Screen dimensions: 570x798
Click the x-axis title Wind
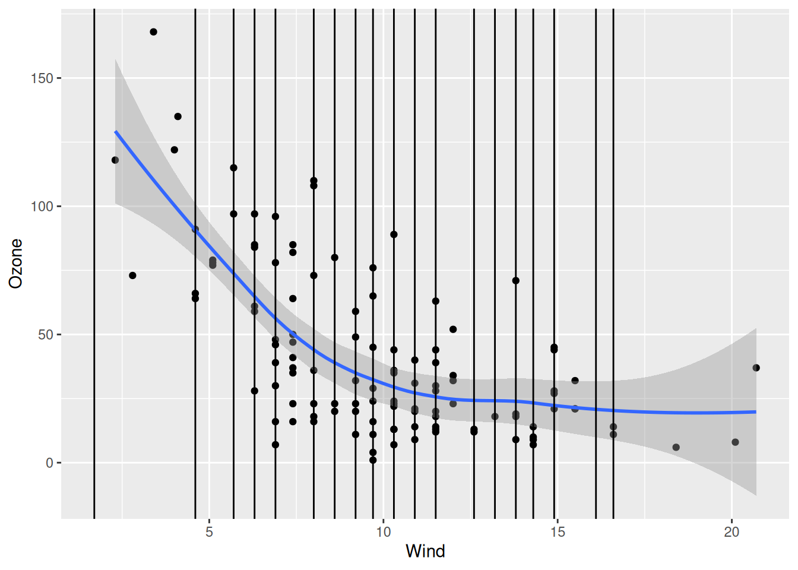point(425,551)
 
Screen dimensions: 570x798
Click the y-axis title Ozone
point(15,264)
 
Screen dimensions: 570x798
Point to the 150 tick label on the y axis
point(42,78)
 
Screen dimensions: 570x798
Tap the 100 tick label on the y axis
point(42,207)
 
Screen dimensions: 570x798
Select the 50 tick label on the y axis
point(46,335)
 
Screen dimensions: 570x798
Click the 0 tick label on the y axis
point(50,463)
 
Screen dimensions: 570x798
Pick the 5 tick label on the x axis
point(209,532)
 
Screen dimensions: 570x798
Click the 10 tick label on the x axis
point(384,532)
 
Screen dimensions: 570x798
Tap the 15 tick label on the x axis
point(558,532)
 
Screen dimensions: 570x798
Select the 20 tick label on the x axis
point(731,532)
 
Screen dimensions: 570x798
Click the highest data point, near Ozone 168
point(153,32)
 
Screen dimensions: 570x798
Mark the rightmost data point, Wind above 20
point(756,368)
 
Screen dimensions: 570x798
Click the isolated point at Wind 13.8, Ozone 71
point(516,281)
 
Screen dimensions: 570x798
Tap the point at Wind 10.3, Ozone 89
point(394,235)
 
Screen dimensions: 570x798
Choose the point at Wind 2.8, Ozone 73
point(132,275)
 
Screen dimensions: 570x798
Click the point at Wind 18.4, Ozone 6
point(676,447)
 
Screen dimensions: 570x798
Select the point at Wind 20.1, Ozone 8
point(735,442)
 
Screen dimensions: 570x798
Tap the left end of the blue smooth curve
point(116,132)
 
